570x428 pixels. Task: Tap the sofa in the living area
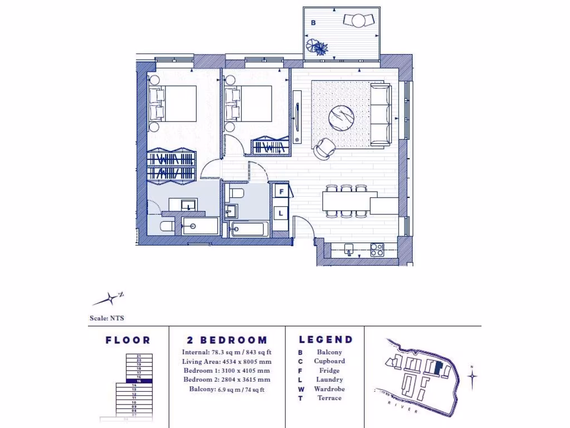(381, 114)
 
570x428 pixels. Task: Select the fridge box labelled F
(281, 192)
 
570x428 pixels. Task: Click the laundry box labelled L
(281, 213)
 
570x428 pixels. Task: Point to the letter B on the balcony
(313, 23)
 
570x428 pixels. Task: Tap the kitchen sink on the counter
(349, 249)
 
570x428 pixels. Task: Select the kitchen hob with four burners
(377, 250)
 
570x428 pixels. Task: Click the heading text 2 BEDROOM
(227, 340)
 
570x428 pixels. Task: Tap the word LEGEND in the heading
(326, 339)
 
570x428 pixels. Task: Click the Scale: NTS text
(107, 319)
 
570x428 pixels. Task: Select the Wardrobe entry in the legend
(330, 389)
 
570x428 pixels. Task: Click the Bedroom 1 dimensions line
(226, 371)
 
